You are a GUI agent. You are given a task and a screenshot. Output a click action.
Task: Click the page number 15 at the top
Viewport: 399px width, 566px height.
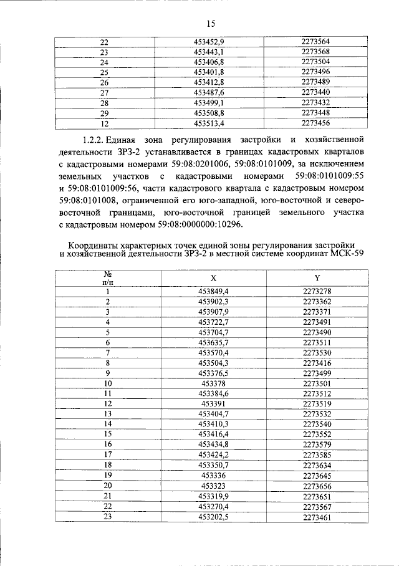pyautogui.click(x=210, y=24)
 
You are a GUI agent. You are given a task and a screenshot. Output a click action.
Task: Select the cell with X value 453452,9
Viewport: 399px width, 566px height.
pyautogui.click(x=209, y=42)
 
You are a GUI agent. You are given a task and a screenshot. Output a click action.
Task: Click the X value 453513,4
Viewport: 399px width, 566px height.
pyautogui.click(x=209, y=123)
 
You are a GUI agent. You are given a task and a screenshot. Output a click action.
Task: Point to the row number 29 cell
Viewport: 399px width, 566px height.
pyautogui.click(x=104, y=113)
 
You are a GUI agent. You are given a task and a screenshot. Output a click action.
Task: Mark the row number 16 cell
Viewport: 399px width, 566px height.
pyautogui.click(x=107, y=444)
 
